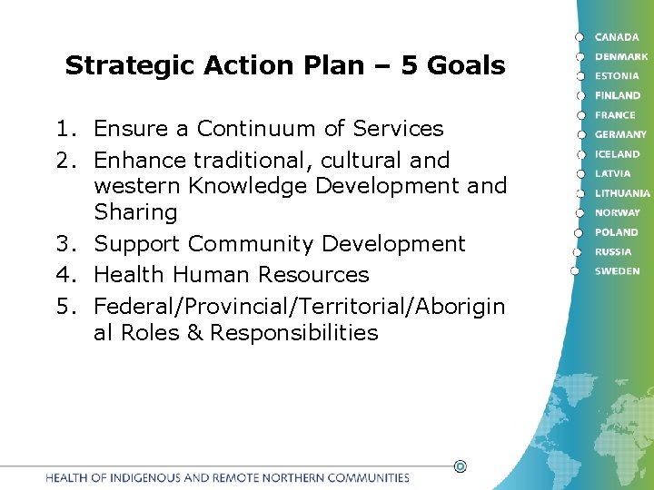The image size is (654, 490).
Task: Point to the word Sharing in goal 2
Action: tap(135, 212)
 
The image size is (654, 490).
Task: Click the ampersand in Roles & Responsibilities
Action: tap(193, 333)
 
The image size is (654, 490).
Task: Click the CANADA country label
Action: tap(617, 37)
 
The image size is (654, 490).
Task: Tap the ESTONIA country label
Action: tap(618, 76)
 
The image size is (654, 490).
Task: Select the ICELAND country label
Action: tap(618, 154)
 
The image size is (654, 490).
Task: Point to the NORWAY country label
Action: tap(618, 212)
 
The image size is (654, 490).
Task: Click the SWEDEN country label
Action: tap(617, 271)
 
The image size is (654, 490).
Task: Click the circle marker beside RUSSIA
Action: tap(576, 251)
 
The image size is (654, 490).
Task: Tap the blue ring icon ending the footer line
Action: tap(460, 466)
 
